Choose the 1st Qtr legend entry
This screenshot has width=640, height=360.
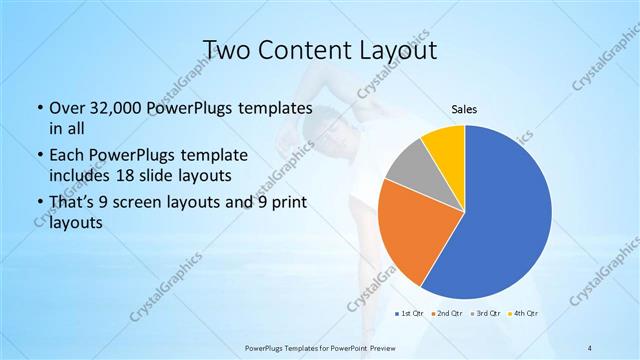click(410, 314)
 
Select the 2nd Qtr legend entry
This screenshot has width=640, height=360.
click(446, 314)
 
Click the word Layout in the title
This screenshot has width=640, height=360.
click(392, 50)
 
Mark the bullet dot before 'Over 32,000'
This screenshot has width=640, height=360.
click(38, 108)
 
